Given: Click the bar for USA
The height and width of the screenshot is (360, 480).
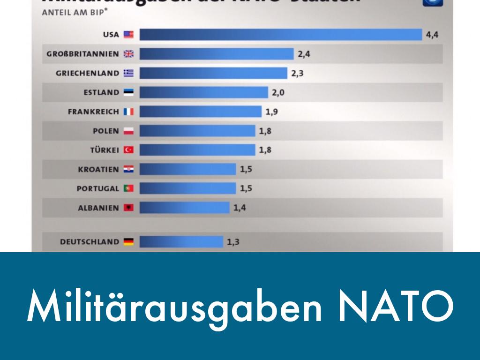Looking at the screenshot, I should coord(281,35).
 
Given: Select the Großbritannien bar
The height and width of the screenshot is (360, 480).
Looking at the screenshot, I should coord(217,54).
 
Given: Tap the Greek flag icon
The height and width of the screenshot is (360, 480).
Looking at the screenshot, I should coord(128,73).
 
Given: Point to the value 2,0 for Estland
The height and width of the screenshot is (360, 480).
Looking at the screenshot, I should coord(278,92).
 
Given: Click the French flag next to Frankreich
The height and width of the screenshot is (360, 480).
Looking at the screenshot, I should coord(128,112).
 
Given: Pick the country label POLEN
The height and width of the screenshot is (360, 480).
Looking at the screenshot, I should coord(106,131).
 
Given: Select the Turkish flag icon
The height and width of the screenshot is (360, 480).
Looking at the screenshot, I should coord(128,150).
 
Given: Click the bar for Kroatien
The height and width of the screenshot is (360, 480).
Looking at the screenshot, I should coord(187,169).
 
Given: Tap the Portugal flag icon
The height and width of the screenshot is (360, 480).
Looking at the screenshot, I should coord(128,188).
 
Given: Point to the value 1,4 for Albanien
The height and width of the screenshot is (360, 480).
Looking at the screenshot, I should coord(240,208).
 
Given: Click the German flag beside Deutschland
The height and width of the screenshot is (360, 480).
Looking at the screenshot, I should coord(128,242).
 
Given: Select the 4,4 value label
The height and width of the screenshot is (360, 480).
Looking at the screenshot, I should coord(432,35).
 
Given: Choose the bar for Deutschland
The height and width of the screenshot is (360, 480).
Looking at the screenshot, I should coord(181,242).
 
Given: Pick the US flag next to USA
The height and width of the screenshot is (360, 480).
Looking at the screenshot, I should coord(128,35).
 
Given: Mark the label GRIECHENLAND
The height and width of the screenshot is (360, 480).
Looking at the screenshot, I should coord(87,73).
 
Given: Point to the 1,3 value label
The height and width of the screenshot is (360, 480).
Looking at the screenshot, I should coord(233,242).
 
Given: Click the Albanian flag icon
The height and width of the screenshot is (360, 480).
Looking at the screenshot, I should coord(128,208).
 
